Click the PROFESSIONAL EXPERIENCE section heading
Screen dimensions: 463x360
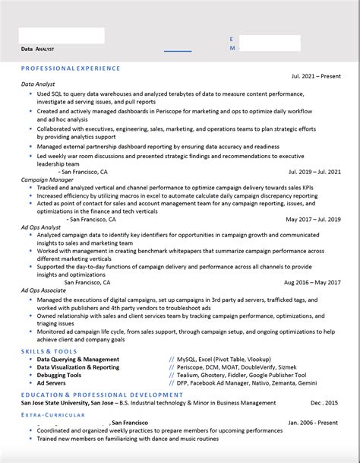click(x=71, y=68)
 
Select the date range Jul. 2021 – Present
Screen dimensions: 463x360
click(x=316, y=77)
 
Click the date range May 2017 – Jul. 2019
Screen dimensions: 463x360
click(x=313, y=220)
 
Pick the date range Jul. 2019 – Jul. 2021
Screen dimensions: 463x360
click(x=314, y=173)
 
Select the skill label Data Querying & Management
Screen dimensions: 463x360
click(x=78, y=359)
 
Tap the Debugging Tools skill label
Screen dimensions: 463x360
click(x=59, y=375)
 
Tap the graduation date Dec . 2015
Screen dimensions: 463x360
click(x=324, y=403)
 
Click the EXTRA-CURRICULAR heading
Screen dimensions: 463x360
click(x=52, y=414)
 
